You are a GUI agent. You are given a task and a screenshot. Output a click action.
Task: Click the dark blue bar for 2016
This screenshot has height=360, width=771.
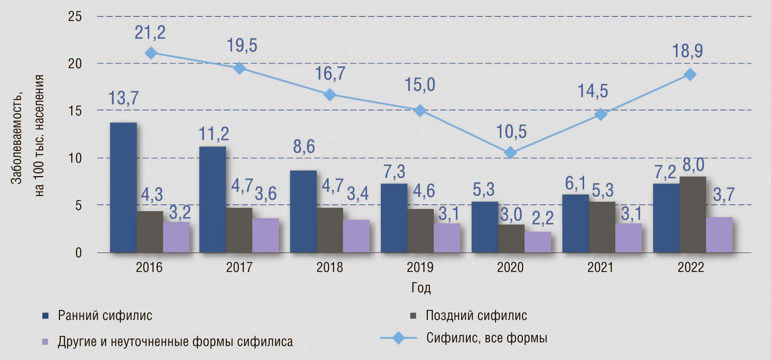pyautogui.click(x=123, y=188)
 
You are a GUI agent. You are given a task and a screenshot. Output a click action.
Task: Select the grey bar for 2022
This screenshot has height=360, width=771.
pyautogui.click(x=693, y=215)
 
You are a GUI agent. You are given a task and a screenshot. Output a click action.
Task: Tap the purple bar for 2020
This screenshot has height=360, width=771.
pyautogui.click(x=537, y=242)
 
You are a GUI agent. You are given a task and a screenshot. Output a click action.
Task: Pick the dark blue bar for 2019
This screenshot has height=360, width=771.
pyautogui.click(x=394, y=218)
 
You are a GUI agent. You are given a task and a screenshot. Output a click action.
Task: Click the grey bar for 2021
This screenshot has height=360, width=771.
pyautogui.click(x=602, y=227)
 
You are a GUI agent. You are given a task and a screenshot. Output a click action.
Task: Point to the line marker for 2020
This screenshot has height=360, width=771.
pyautogui.click(x=511, y=153)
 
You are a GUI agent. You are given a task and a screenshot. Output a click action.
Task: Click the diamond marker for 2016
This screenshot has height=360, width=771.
pyautogui.click(x=151, y=53)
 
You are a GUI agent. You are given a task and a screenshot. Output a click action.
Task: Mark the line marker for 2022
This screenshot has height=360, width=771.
pyautogui.click(x=690, y=74)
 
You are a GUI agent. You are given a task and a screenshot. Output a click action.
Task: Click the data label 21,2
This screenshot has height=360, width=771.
pyautogui.click(x=150, y=33)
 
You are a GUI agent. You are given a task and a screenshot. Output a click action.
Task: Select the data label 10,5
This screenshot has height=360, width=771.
pyautogui.click(x=511, y=132)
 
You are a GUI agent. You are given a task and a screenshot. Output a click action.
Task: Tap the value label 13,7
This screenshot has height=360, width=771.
pyautogui.click(x=123, y=98)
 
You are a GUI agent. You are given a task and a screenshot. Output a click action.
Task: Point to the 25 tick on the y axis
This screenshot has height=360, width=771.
pyautogui.click(x=75, y=17)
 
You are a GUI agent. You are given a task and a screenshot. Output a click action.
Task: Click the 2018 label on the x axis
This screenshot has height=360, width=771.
pyautogui.click(x=329, y=267)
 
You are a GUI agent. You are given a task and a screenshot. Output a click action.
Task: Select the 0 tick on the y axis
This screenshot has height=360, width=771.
pyautogui.click(x=78, y=253)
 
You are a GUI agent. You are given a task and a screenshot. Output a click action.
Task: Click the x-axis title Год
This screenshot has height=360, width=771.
pyautogui.click(x=421, y=288)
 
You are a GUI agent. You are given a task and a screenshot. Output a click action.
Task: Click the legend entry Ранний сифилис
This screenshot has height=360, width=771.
pyautogui.click(x=105, y=316)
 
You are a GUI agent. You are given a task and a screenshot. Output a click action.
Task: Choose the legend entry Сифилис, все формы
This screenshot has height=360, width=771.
pyautogui.click(x=487, y=338)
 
